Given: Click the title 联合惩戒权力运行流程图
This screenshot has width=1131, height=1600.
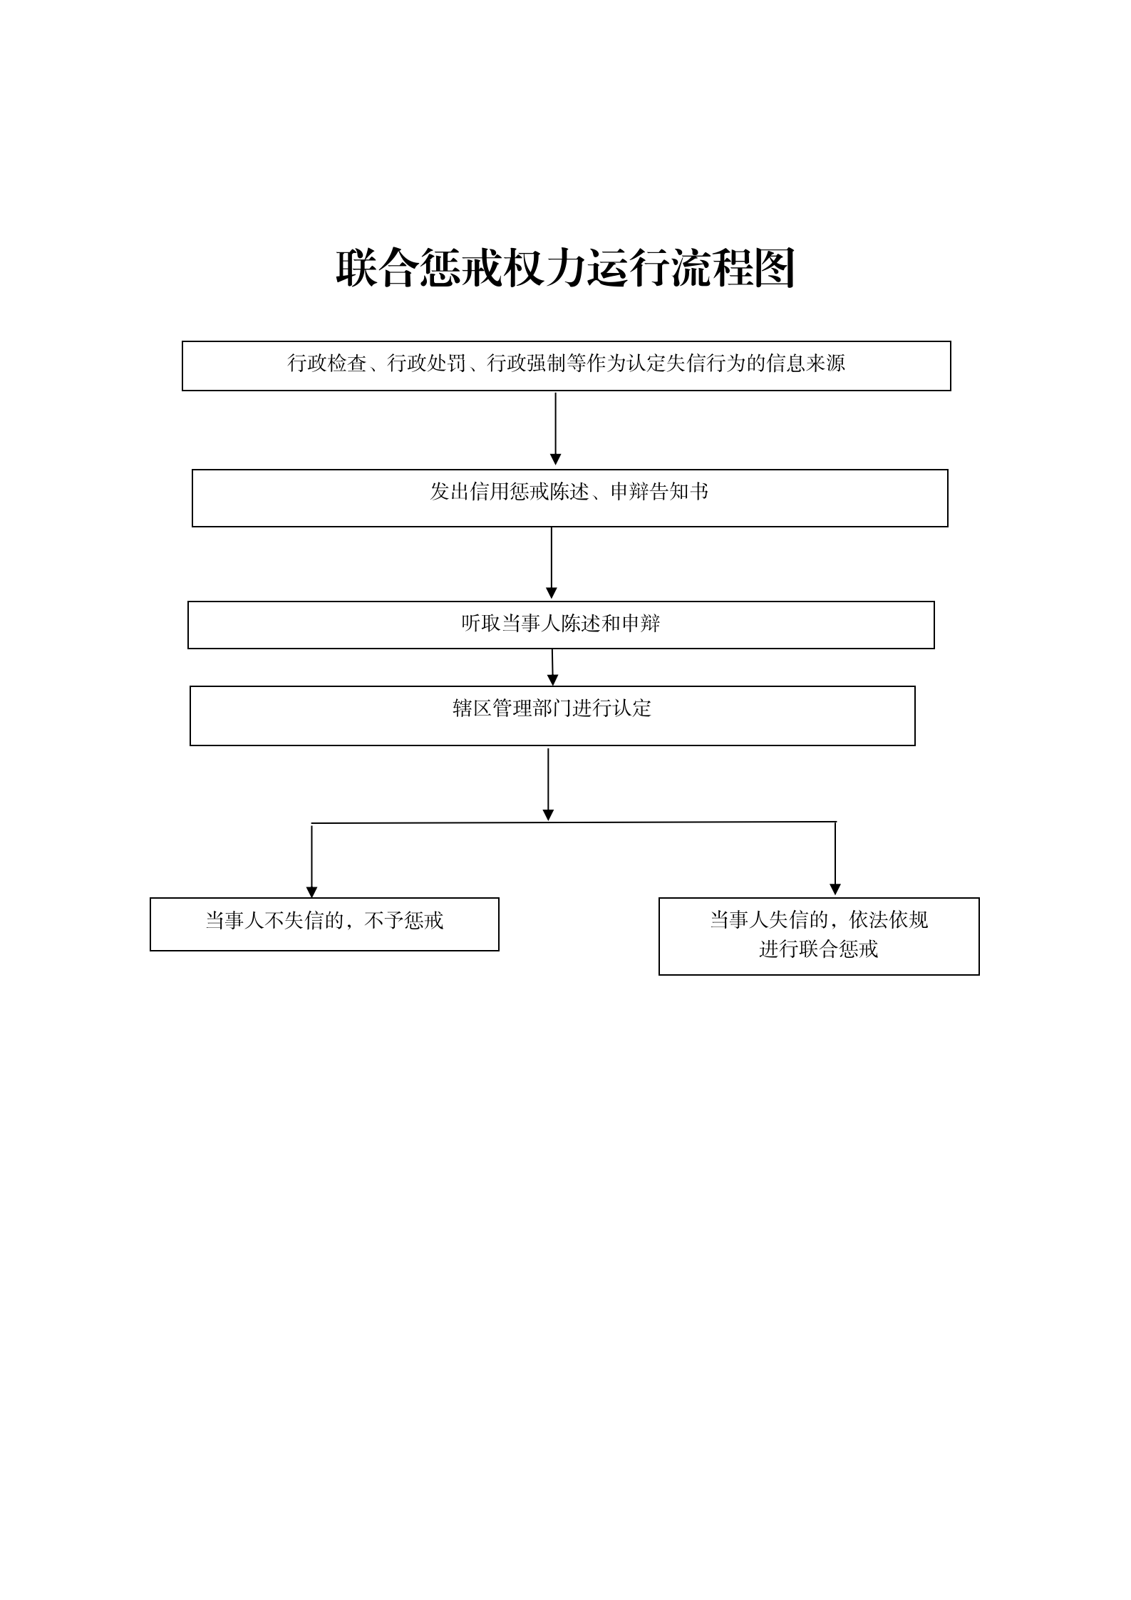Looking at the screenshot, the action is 565,268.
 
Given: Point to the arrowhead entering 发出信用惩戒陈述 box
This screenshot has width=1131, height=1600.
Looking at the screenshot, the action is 556,460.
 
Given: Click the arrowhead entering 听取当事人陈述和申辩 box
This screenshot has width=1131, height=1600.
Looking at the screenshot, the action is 552,593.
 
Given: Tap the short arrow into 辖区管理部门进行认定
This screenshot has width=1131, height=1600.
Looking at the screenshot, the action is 552,667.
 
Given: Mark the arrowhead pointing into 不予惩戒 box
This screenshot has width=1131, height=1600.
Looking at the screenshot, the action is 311,892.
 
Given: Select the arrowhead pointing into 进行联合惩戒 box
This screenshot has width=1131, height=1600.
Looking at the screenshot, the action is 835,889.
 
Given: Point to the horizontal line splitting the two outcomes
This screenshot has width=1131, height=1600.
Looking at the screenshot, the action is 574,823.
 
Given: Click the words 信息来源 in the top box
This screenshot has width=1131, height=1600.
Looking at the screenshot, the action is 806,363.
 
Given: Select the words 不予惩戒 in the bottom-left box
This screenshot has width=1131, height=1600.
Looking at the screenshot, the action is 404,921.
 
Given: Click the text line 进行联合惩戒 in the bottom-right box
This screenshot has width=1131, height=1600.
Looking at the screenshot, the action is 818,949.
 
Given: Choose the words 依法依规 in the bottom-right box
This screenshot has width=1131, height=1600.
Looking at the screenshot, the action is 889,920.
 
